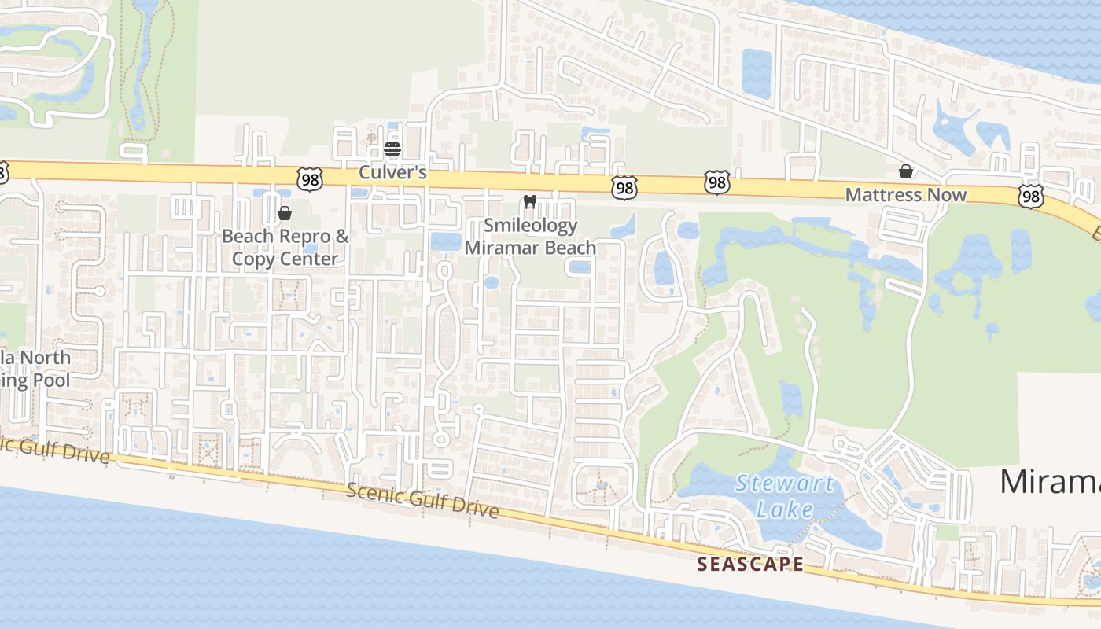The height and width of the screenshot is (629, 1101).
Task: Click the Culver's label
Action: pos(392,171)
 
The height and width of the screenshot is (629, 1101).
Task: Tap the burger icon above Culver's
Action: pos(392,149)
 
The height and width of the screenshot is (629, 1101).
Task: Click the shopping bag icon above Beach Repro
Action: pos(285,213)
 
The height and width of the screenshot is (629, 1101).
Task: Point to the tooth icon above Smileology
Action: pos(529,202)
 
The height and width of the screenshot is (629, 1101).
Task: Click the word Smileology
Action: pos(530,226)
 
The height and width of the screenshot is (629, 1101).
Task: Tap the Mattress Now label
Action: pos(906,194)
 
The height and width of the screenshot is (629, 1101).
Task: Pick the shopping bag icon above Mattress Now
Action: pos(906,171)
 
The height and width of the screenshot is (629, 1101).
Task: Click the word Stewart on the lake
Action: pos(784,484)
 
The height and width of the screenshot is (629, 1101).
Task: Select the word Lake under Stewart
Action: pos(785,509)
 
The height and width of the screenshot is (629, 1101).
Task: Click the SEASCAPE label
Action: pos(750,564)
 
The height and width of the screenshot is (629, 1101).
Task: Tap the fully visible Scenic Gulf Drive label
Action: pos(422,502)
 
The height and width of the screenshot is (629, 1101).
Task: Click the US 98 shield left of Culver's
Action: pos(310,179)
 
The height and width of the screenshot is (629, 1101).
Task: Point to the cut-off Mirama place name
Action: pos(1050,481)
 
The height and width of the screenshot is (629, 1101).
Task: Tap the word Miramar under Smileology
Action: pos(496,248)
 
